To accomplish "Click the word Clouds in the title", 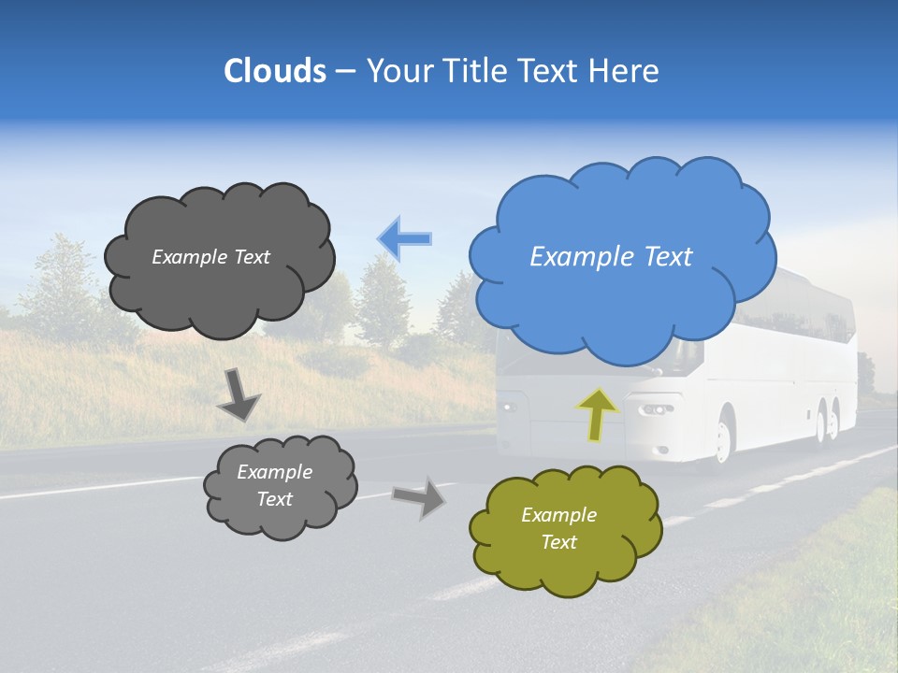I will (274, 71).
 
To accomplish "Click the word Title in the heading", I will (475, 71).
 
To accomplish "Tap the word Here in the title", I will (625, 71).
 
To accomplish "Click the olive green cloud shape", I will (565, 529).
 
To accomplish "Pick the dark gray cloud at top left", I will (219, 257).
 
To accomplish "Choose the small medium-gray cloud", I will (279, 485).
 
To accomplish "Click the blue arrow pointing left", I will (404, 238).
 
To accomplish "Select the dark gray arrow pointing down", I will (239, 395).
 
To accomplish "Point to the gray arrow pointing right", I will (419, 496).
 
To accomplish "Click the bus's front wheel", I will (723, 440).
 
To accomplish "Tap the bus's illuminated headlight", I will (655, 410).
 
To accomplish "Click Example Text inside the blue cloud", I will (611, 257).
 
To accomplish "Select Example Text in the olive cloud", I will (558, 528).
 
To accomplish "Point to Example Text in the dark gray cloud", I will (210, 257).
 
